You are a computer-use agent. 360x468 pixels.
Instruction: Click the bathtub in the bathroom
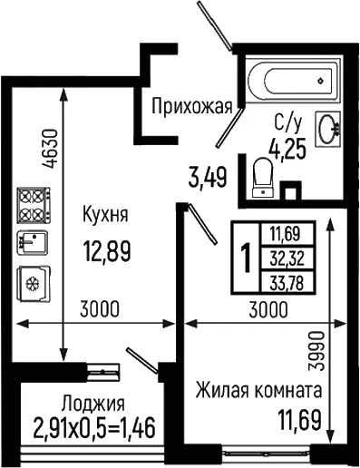click(x=293, y=80)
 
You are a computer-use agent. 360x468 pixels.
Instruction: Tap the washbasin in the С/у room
click(x=328, y=129)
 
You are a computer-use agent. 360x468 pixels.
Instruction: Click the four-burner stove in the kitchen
click(x=34, y=205)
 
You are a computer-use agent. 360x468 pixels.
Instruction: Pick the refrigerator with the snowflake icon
click(x=34, y=283)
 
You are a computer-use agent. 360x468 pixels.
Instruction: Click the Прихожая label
click(x=192, y=106)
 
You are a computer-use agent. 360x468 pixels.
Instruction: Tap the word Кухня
click(x=105, y=214)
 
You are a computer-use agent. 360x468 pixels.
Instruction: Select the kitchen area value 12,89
click(x=107, y=251)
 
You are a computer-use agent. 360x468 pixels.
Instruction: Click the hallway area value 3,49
click(x=208, y=178)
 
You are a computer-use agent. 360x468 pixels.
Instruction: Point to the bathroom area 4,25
click(x=287, y=150)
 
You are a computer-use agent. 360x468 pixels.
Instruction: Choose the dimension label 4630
click(x=50, y=149)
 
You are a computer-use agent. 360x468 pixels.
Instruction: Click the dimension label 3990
click(x=316, y=351)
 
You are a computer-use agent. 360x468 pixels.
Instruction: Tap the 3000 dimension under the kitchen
click(x=100, y=308)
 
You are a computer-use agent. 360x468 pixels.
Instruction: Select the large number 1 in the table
click(x=246, y=258)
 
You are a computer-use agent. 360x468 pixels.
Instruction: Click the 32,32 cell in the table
click(x=287, y=258)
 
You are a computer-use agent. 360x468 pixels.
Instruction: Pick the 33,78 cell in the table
click(x=287, y=284)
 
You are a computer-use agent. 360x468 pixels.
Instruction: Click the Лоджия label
click(x=93, y=404)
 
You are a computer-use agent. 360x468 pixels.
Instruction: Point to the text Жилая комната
click(x=258, y=390)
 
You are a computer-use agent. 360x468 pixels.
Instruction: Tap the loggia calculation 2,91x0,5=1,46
click(x=94, y=427)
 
